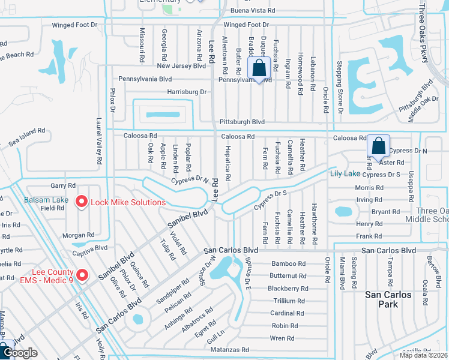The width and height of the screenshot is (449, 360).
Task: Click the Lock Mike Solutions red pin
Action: [82, 202]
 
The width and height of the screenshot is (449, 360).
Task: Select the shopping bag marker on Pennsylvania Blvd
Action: [259, 69]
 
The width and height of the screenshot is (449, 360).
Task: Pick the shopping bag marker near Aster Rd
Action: [378, 146]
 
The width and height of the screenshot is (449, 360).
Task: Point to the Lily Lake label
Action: [345, 173]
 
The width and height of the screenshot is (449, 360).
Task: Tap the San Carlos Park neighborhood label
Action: [389, 299]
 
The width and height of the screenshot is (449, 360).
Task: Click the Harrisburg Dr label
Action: [187, 92]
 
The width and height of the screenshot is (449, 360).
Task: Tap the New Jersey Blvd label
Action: [181, 65]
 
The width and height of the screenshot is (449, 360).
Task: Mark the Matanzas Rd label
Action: [229, 349]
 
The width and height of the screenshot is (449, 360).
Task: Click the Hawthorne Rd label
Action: [313, 223]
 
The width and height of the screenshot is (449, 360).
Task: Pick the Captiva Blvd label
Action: [89, 247]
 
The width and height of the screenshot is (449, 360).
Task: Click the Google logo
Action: [19, 353]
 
